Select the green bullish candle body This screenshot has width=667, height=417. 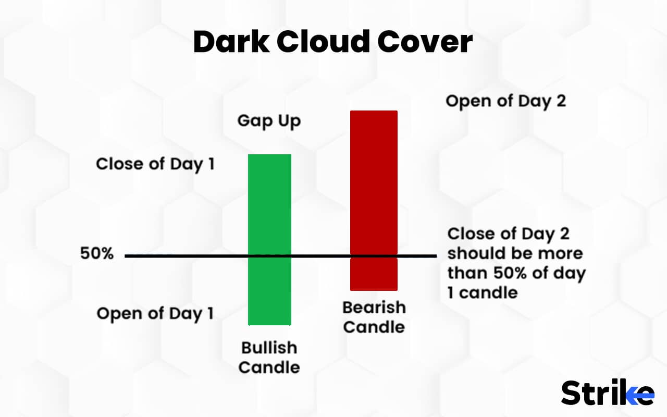pyautogui.click(x=269, y=208)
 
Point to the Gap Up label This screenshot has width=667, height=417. pyautogui.click(x=269, y=121)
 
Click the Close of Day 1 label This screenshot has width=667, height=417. pyautogui.click(x=155, y=164)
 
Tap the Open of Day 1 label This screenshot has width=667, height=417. pyautogui.click(x=155, y=314)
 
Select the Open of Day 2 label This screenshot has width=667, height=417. pyautogui.click(x=505, y=101)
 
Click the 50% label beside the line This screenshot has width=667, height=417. pyautogui.click(x=97, y=254)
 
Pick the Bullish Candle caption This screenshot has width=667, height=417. pyautogui.click(x=269, y=358)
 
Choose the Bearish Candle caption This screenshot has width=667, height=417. pyautogui.click(x=374, y=317)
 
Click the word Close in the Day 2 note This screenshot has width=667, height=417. pyautogui.click(x=472, y=234)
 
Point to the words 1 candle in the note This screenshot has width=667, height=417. pyautogui.click(x=483, y=292)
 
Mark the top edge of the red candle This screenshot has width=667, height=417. pyautogui.click(x=374, y=111)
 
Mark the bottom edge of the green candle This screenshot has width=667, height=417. pyautogui.click(x=269, y=325)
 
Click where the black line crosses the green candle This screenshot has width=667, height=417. pyautogui.click(x=269, y=256)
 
